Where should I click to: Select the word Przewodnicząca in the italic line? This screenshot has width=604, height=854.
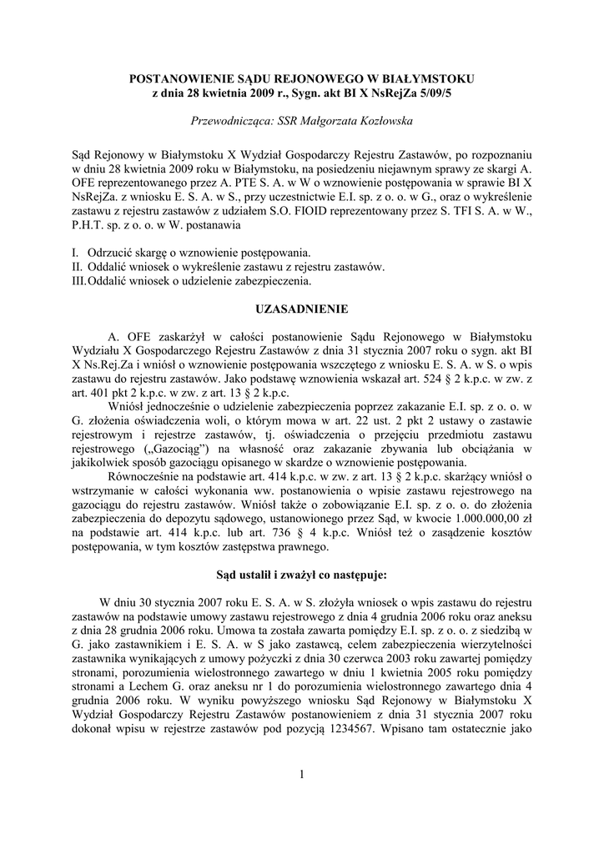coord(230,121)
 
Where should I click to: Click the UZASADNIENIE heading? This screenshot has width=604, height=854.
coord(301,309)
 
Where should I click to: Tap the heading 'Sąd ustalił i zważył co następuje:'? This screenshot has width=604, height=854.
coord(301,575)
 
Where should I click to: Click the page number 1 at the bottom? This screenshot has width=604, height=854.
coord(302,776)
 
